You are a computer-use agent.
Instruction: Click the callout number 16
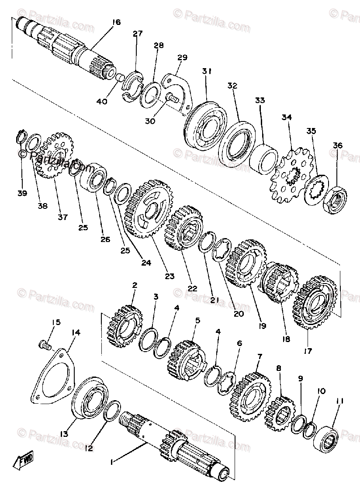click(116, 22)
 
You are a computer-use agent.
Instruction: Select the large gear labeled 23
click(147, 208)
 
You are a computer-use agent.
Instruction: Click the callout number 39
click(22, 193)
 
